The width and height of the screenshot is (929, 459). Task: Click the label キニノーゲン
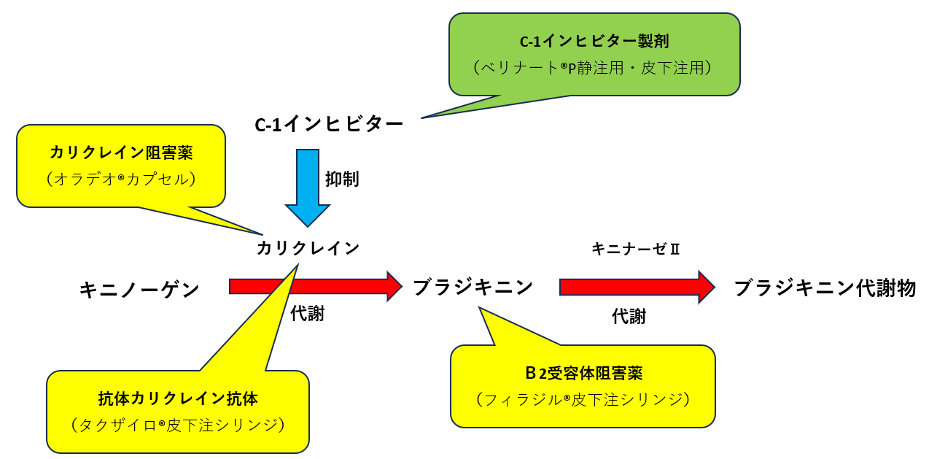pos(139,290)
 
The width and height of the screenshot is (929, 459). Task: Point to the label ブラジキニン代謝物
pos(825,288)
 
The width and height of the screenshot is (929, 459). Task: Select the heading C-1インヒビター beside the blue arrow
pos(329,124)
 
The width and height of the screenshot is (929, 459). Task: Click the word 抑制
pos(342,179)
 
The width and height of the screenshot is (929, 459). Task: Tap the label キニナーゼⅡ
pos(635,249)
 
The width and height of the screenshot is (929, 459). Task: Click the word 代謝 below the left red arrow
pos(307,315)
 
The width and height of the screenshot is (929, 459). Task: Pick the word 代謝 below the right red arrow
pos(629,317)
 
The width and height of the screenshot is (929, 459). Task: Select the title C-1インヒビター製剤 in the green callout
pos(594,42)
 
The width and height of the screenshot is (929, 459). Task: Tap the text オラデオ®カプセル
pos(121,179)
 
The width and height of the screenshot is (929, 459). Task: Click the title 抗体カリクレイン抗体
pos(178,398)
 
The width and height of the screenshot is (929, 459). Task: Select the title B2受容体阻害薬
pos(583,373)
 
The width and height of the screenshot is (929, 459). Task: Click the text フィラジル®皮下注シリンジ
pos(583,399)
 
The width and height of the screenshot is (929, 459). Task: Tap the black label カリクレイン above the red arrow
pos(308,248)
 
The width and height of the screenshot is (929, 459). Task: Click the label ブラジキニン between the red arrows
pos(473,287)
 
